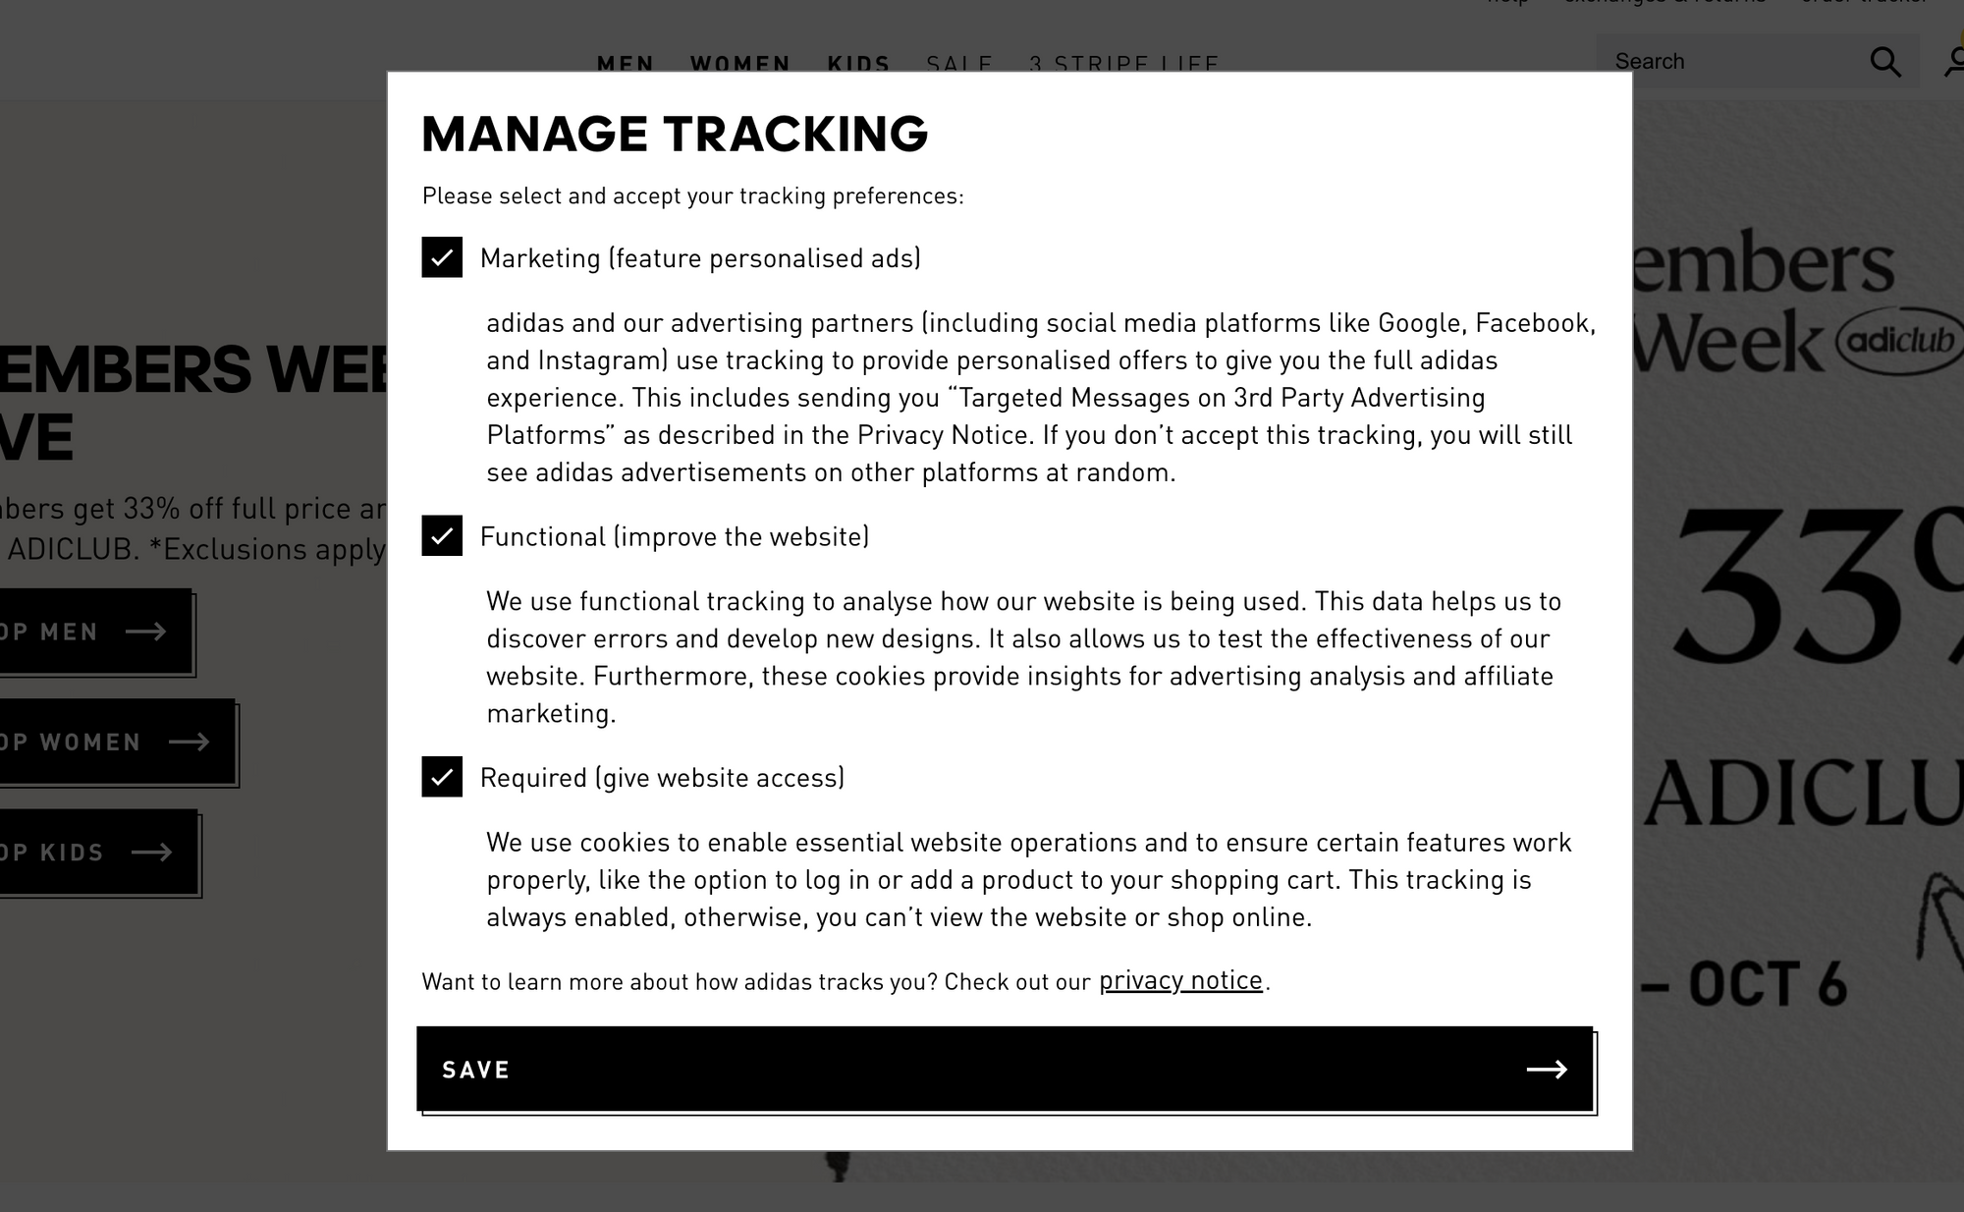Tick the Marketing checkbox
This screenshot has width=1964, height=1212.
442,257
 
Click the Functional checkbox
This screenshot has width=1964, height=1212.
442,535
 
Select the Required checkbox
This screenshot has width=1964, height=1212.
442,777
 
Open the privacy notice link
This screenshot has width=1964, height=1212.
1180,980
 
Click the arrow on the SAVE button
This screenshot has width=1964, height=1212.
1547,1070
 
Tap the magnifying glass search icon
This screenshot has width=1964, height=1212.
1884,62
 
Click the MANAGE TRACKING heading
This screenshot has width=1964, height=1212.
675,134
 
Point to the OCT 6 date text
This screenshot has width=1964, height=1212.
1767,984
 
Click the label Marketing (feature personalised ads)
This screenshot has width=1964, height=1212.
700,258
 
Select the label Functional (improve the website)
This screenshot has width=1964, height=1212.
675,536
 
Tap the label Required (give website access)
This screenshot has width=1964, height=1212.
662,778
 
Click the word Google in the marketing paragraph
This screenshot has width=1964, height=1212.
1419,323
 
